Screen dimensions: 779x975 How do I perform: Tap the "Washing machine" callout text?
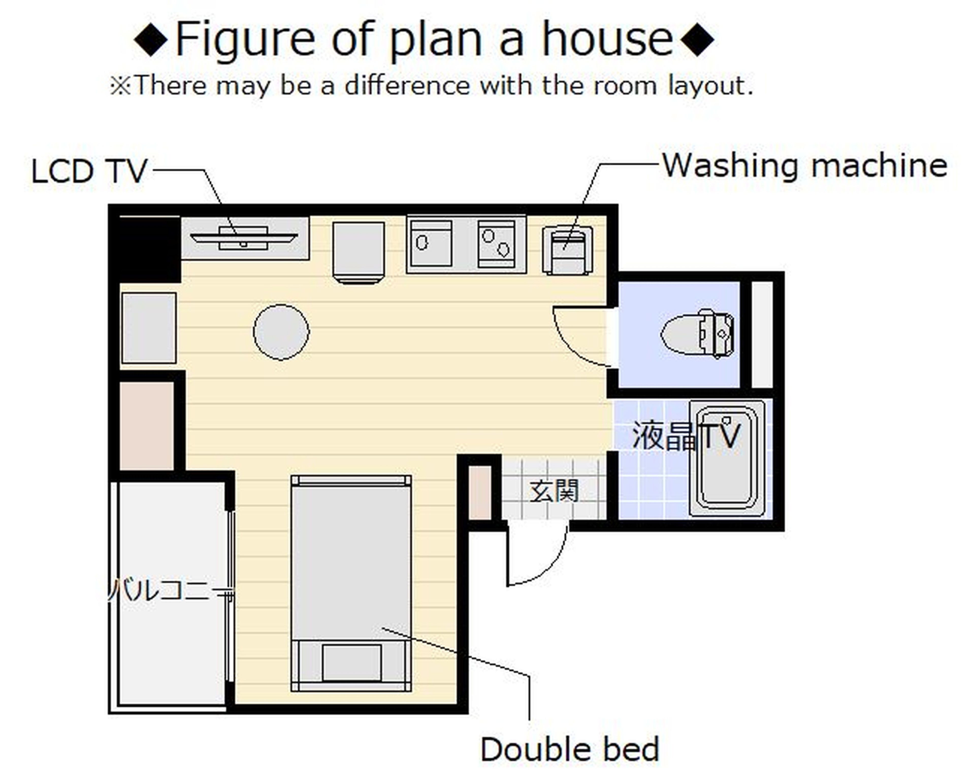(x=805, y=166)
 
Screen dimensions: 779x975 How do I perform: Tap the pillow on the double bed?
(x=351, y=662)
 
